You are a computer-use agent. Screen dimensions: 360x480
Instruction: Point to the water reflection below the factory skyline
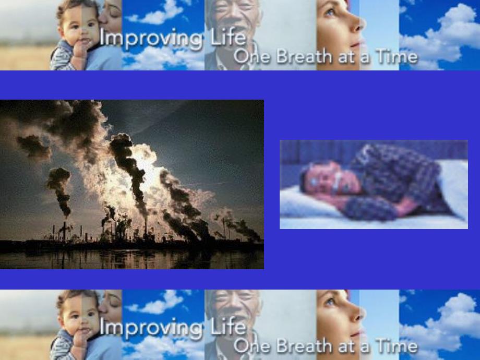130,258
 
